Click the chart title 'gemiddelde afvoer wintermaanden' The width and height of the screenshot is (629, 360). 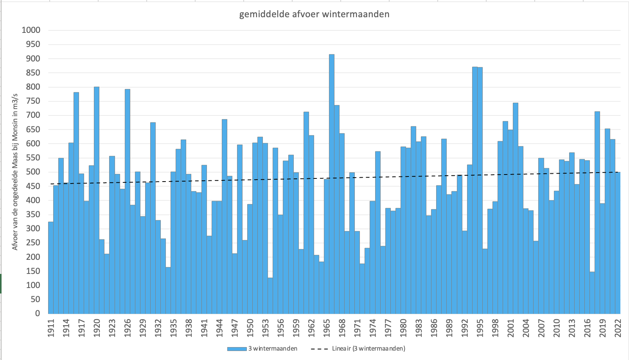[x=314, y=14]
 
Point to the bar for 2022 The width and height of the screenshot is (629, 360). [x=618, y=243]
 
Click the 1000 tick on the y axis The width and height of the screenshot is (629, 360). [x=31, y=30]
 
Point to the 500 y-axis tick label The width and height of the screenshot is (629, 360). [x=33, y=172]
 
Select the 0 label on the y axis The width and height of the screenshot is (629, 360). [x=38, y=313]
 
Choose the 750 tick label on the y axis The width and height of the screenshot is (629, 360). [x=33, y=101]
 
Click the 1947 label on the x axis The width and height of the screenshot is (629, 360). [x=235, y=328]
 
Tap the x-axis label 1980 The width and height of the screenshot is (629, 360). [x=403, y=328]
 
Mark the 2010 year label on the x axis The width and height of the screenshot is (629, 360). [x=556, y=328]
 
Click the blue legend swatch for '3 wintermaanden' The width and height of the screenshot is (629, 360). [x=237, y=349]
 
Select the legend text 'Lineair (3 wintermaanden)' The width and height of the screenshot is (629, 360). [x=368, y=349]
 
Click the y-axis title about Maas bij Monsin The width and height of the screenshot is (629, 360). [x=15, y=172]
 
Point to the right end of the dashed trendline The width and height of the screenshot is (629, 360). [x=619, y=172]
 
